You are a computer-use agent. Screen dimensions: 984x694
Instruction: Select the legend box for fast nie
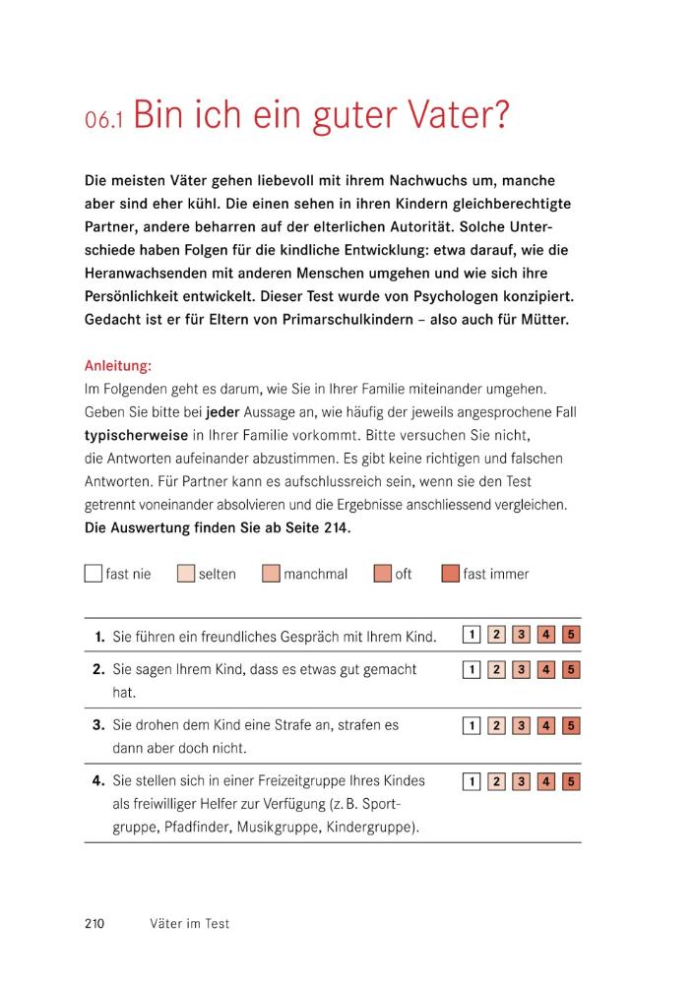(94, 574)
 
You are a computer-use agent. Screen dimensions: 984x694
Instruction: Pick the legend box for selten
(185, 574)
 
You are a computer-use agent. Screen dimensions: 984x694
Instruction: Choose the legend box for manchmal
(271, 574)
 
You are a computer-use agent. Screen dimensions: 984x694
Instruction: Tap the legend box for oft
(382, 574)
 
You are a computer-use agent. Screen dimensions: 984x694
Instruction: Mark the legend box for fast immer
(450, 574)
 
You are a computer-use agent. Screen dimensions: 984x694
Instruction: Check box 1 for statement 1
(472, 635)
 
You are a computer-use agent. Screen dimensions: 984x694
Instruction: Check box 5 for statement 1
(571, 635)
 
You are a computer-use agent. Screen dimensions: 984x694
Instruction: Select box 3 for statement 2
(522, 670)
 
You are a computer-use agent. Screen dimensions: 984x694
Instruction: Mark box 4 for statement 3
(546, 726)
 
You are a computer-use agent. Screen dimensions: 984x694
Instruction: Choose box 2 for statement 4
(497, 782)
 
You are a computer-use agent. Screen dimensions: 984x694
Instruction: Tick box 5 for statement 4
(571, 782)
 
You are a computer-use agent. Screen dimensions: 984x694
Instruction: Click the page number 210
(95, 924)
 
